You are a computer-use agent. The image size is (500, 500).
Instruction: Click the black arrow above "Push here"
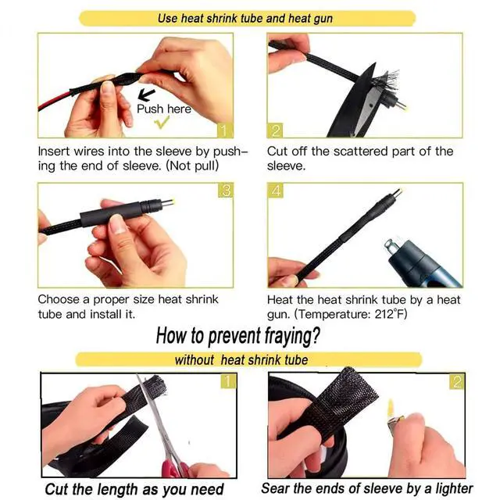click(x=146, y=95)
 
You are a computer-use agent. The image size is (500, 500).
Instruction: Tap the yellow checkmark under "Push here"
click(x=162, y=122)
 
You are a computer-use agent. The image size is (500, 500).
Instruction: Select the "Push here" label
click(x=164, y=109)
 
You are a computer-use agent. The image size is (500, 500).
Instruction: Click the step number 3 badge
click(x=226, y=191)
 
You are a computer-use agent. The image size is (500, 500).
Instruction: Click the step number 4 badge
click(x=276, y=191)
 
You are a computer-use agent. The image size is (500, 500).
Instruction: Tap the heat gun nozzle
click(x=394, y=246)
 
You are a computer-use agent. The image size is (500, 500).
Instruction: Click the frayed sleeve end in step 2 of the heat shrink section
click(x=386, y=80)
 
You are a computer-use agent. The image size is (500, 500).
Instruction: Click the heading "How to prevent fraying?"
click(x=237, y=337)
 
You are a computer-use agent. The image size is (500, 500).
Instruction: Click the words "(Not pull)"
click(x=193, y=166)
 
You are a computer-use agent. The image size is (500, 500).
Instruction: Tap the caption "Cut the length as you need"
click(x=134, y=489)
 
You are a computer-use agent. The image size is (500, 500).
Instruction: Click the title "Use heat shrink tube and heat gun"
click(x=245, y=19)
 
